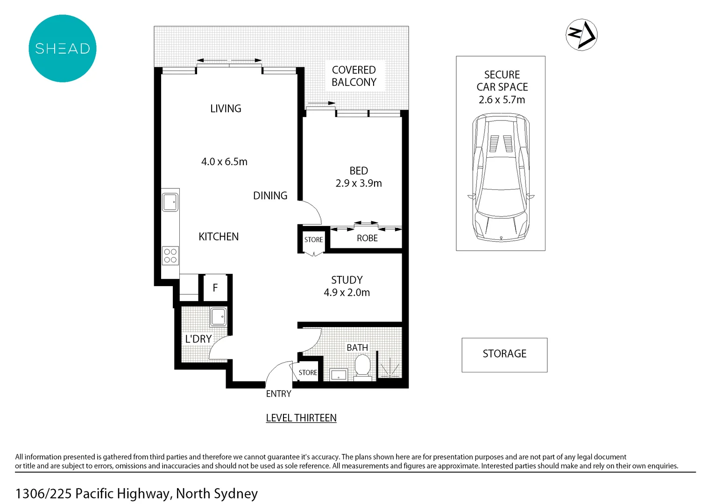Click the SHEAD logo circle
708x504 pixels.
63,49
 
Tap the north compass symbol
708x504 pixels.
581,35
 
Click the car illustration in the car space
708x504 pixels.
501,177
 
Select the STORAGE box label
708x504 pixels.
504,354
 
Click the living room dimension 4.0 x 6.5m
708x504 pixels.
224,162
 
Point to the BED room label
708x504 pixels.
359,171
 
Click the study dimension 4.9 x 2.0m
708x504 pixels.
347,293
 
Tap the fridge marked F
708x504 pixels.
215,288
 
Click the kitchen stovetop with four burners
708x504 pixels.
170,256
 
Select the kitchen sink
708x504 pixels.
170,203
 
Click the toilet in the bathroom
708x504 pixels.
362,365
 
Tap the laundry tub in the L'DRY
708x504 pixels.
218,317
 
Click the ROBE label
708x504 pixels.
367,238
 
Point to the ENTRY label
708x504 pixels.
278,394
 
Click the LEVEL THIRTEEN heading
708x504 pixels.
301,418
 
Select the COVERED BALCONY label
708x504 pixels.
354,76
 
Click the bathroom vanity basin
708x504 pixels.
338,375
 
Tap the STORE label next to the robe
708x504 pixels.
313,240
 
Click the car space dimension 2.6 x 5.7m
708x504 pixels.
502,100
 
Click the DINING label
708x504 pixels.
270,196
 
